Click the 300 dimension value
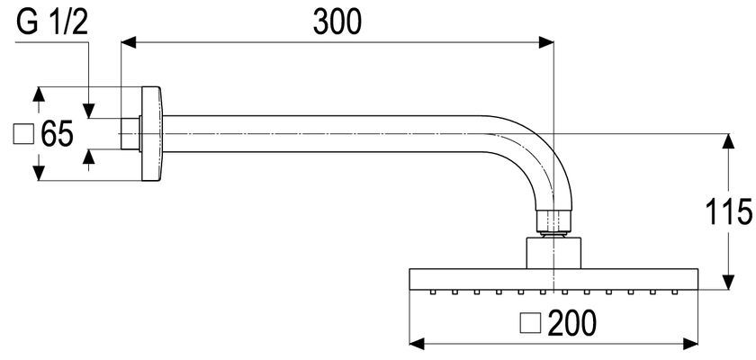pyautogui.click(x=337, y=22)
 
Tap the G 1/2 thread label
pyautogui.click(x=52, y=22)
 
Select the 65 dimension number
pyautogui.click(x=57, y=134)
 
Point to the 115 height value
pyautogui.click(x=728, y=212)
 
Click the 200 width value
pyautogui.click(x=572, y=323)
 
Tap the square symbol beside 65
pyautogui.click(x=23, y=134)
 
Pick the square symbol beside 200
pyautogui.click(x=531, y=323)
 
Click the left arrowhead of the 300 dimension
pyautogui.click(x=128, y=42)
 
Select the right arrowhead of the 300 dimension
pyautogui.click(x=545, y=42)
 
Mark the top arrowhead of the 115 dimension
pyautogui.click(x=728, y=140)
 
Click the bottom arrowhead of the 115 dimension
pyautogui.click(x=728, y=283)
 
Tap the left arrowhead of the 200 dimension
pyautogui.click(x=417, y=344)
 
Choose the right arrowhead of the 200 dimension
pyautogui.click(x=690, y=344)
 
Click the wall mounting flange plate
pyautogui.click(x=152, y=134)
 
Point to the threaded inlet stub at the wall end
pyautogui.click(x=130, y=134)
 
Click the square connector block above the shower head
pyautogui.click(x=553, y=253)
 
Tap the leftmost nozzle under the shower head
pyautogui.click(x=433, y=292)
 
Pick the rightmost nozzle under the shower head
pyautogui.click(x=675, y=292)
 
